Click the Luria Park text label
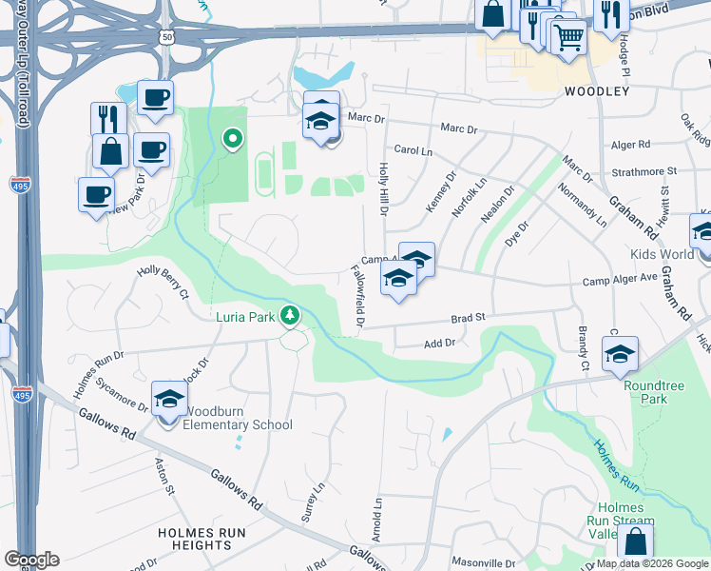tap(245, 316)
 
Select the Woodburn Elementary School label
tap(238, 424)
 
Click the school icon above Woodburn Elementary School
tap(168, 399)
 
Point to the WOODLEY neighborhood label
tap(597, 91)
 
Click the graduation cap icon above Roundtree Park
tap(620, 354)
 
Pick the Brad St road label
tap(468, 318)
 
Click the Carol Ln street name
tap(413, 150)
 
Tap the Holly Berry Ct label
tap(163, 283)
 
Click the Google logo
tap(31, 560)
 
